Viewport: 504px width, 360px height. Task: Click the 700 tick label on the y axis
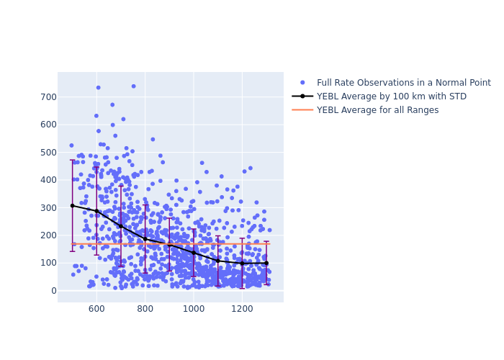(48, 97)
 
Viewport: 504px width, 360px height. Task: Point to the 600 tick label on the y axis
(48, 125)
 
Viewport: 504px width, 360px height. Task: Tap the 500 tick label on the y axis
(48, 152)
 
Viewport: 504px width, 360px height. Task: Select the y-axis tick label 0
(53, 290)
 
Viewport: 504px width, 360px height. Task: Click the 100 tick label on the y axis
(48, 263)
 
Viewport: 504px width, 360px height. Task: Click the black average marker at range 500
(72, 206)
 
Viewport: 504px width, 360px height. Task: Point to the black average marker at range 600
(96, 211)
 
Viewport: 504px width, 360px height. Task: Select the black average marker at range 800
(145, 238)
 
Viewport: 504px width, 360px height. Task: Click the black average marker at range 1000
(193, 253)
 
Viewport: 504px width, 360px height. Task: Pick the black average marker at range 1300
(266, 263)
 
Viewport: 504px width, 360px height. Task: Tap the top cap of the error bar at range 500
(72, 160)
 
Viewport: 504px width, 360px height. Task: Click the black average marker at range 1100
(217, 261)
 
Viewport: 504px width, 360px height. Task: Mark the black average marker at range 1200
(242, 264)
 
